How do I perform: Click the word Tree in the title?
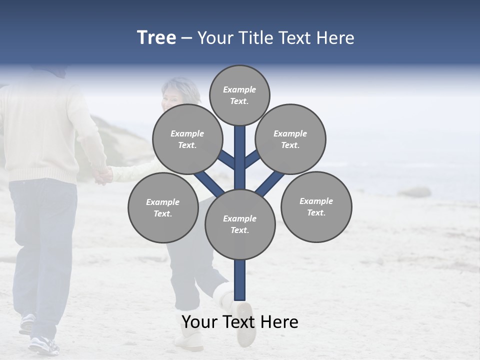click(156, 37)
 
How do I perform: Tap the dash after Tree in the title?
click(186, 38)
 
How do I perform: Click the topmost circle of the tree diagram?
click(239, 95)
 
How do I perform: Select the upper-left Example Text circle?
click(187, 139)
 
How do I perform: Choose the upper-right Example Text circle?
click(290, 139)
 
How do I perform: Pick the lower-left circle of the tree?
click(163, 207)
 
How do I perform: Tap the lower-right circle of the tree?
click(316, 206)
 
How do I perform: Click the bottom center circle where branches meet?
click(240, 224)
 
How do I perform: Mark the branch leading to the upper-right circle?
click(252, 159)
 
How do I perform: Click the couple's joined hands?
click(104, 175)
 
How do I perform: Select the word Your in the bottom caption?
click(199, 322)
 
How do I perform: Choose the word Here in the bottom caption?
click(279, 322)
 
